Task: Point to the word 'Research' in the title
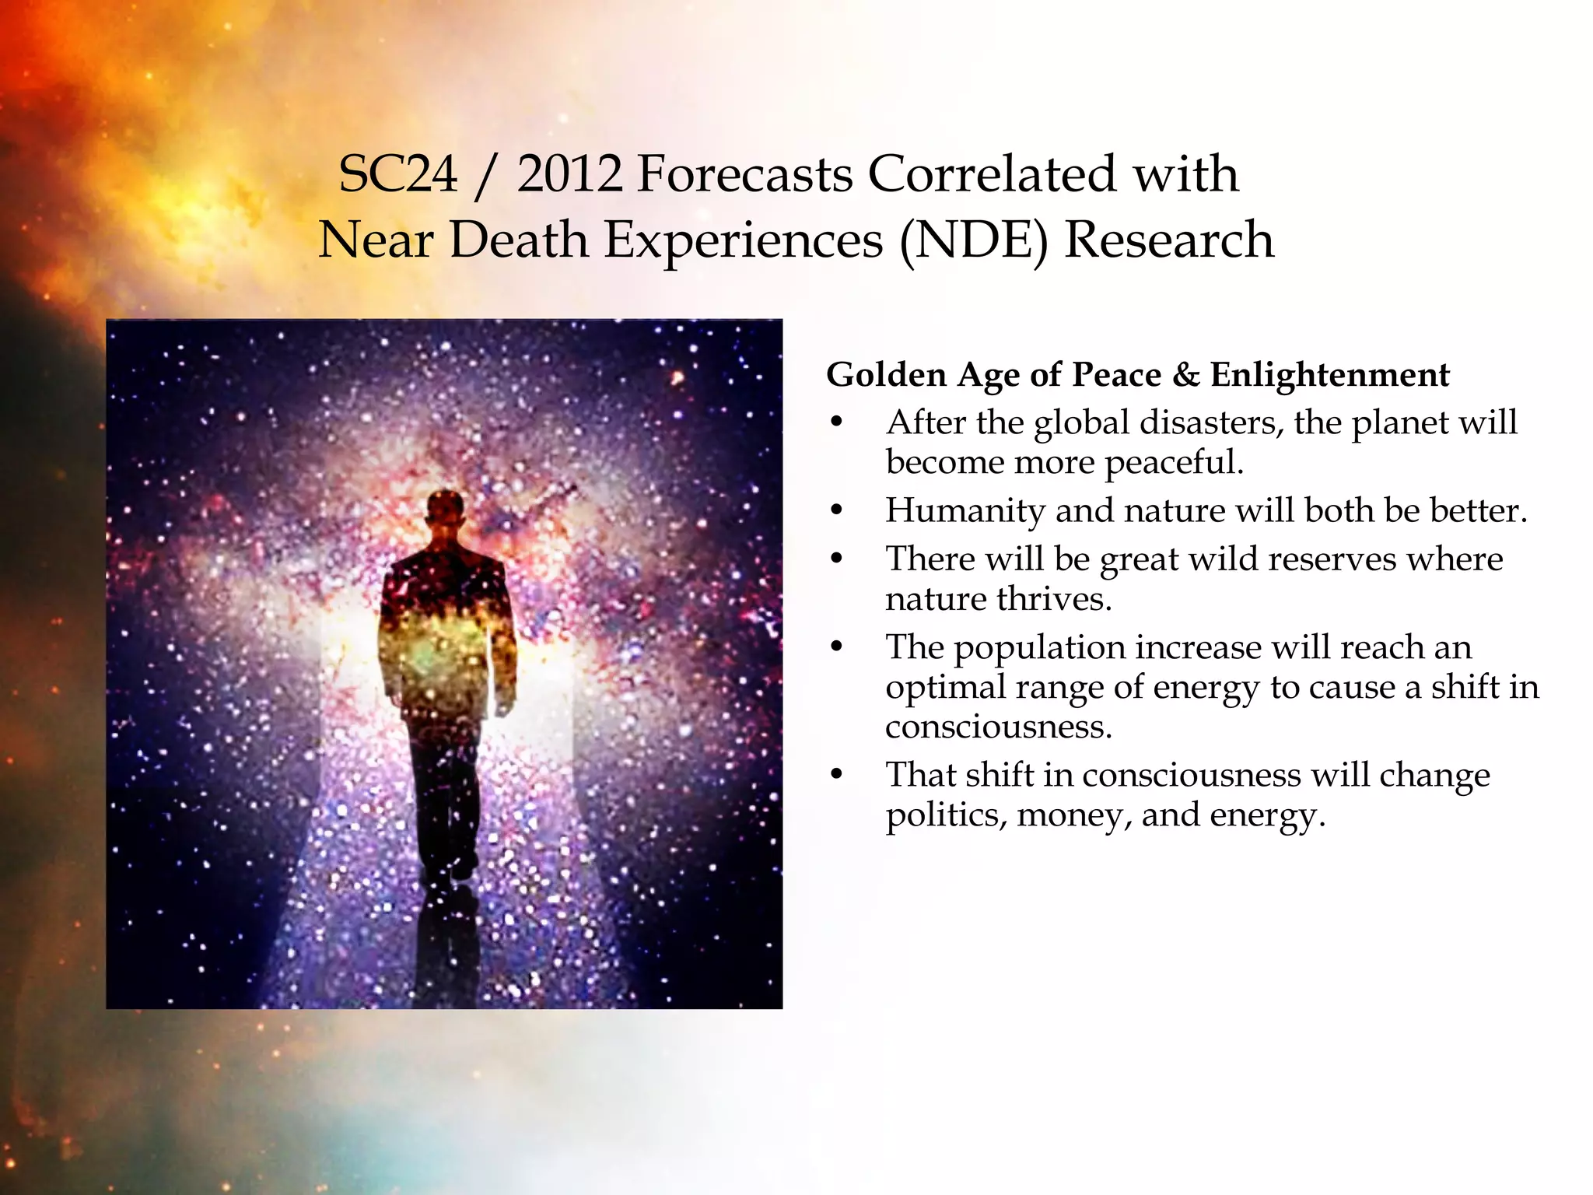click(1169, 240)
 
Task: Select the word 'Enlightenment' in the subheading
click(1329, 375)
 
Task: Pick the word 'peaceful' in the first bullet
click(1173, 463)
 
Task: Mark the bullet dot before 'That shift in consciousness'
click(837, 775)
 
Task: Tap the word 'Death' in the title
click(519, 240)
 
